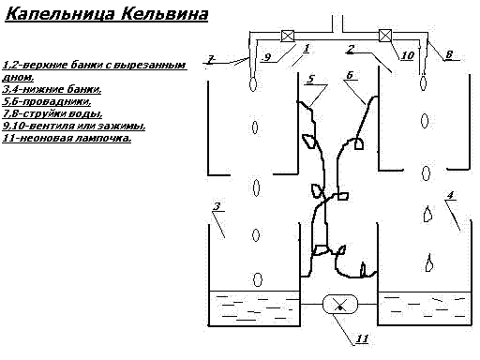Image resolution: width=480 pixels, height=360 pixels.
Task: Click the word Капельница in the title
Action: (57, 16)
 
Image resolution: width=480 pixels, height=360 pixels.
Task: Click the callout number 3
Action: (217, 206)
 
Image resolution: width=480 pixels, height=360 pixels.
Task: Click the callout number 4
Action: (451, 196)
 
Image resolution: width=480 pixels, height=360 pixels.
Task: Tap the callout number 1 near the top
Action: (306, 45)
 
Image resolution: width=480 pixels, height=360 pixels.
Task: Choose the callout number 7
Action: (210, 60)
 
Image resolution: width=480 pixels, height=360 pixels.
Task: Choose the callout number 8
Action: (449, 55)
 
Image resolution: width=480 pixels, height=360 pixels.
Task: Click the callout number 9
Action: (266, 56)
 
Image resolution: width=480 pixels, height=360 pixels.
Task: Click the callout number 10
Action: (407, 56)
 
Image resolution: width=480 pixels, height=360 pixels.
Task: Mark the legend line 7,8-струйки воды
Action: (61, 113)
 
